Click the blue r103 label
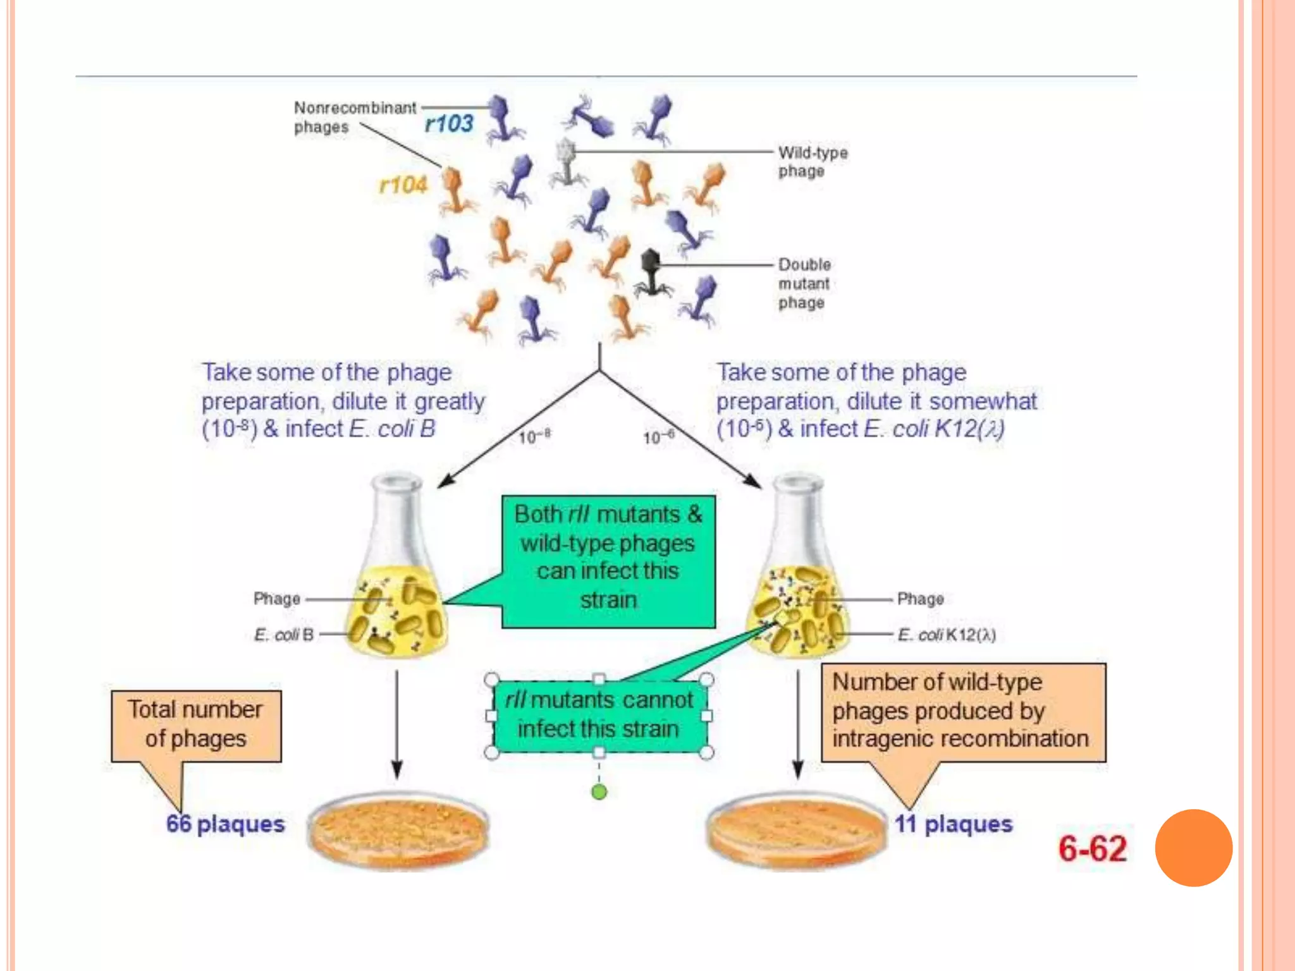coord(448,123)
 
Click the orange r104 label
coord(403,185)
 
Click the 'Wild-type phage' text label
coord(812,162)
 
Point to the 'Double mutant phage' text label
coord(804,283)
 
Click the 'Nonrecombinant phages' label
coord(354,117)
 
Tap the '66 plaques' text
coord(225,824)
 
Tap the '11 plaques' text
coord(953,824)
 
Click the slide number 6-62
coord(1092,849)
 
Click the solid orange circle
coord(1193,848)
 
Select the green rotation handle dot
coord(599,791)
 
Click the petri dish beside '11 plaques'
coord(795,830)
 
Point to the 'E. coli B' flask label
coord(284,635)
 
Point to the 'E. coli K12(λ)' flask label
coord(946,635)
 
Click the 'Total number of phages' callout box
coord(196,725)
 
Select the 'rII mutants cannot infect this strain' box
coord(599,716)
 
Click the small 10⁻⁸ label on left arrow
coord(534,437)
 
